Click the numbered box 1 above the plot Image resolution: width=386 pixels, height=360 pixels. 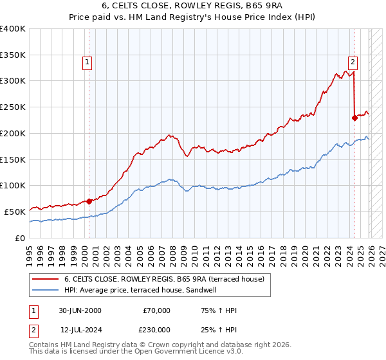[x=87, y=62]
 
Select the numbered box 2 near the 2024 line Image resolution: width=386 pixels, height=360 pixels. [x=353, y=62]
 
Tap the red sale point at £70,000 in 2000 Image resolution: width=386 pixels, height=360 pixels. [x=89, y=201]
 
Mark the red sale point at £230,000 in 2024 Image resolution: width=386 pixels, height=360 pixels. [x=354, y=118]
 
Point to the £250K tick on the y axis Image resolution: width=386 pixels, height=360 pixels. [x=13, y=107]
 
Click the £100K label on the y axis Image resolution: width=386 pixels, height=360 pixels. [x=13, y=185]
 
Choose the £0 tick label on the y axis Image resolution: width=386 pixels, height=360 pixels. [x=20, y=238]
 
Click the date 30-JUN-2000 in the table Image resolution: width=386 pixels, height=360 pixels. [x=80, y=310]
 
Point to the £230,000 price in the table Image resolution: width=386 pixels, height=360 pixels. [x=156, y=329]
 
